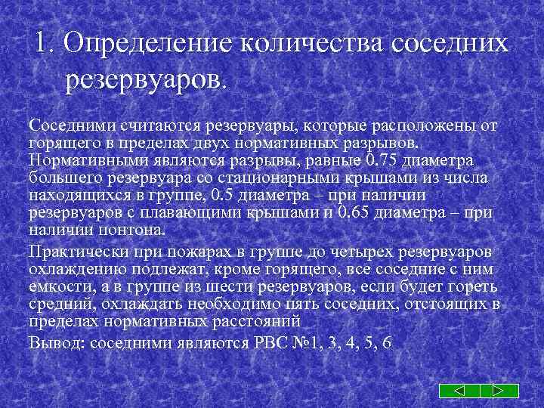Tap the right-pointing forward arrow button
(x=499, y=391)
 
